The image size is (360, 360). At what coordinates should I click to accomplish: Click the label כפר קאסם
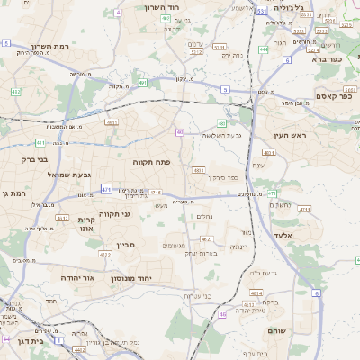tap(334, 96)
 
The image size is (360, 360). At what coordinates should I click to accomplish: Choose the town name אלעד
tap(309, 235)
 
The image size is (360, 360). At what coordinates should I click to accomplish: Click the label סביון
tap(125, 245)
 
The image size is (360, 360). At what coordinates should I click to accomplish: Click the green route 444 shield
tap(264, 49)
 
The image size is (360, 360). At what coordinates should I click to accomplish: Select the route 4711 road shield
tap(304, 209)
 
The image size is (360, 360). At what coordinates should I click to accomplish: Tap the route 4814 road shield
tap(256, 293)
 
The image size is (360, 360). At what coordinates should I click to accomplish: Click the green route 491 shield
tap(143, 83)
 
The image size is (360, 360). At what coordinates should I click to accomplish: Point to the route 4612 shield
tap(61, 218)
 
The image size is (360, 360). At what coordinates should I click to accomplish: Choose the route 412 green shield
tap(15, 92)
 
